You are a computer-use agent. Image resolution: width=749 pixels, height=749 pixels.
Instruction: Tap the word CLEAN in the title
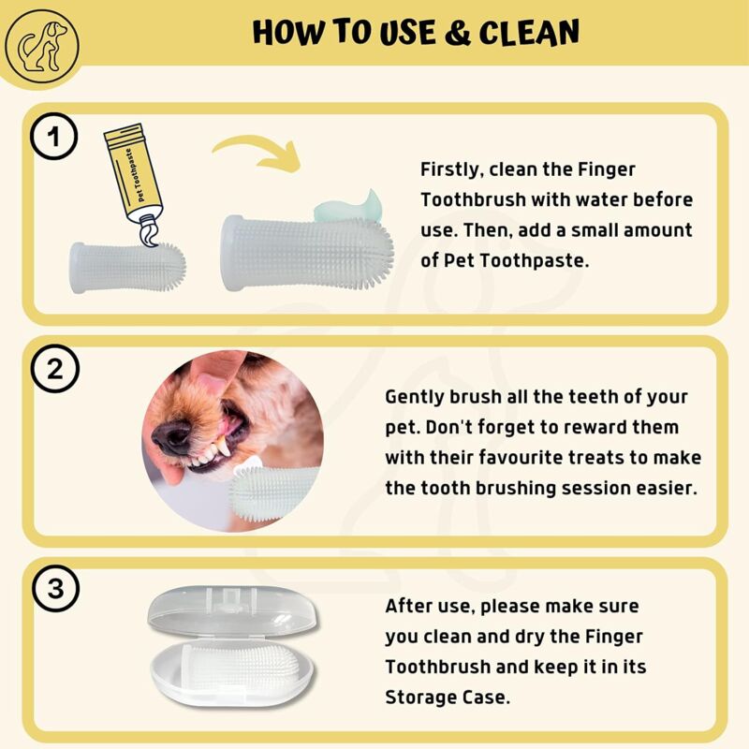(x=529, y=34)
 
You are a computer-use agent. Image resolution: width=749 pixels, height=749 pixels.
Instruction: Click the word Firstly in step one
(x=451, y=169)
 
